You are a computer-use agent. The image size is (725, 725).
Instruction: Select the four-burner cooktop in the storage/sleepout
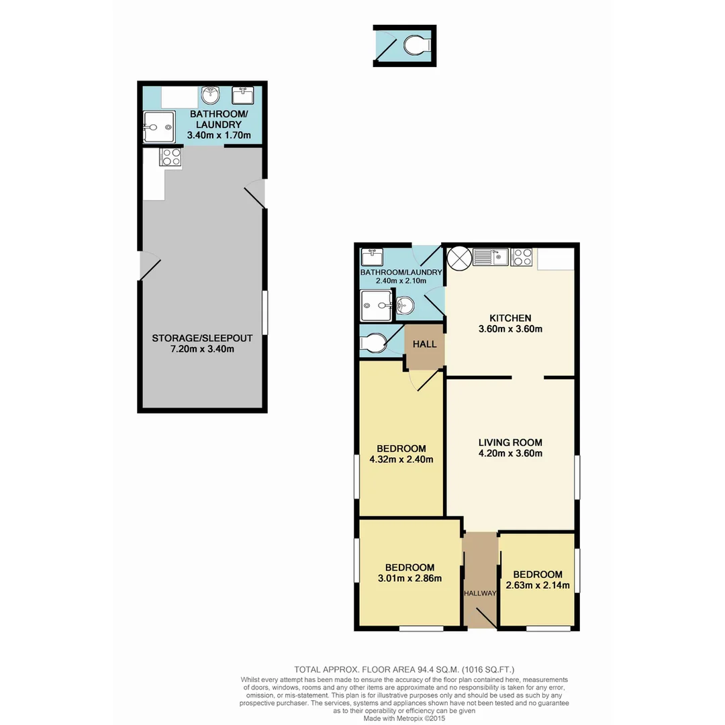170,157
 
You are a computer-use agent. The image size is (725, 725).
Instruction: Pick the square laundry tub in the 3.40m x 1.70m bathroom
242,95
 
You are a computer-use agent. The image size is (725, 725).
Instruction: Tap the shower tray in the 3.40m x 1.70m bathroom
160,126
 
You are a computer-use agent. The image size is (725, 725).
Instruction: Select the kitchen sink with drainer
490,257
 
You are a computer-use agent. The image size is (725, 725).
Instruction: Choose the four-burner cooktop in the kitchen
522,257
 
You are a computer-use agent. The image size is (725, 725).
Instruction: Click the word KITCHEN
510,318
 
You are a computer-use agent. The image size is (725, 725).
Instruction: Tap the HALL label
424,344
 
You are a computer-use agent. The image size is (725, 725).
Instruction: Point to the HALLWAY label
479,593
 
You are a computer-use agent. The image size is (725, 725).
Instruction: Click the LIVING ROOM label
510,442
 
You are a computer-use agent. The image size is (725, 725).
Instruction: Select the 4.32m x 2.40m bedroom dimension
401,460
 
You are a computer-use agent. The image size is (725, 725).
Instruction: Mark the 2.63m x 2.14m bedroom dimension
537,585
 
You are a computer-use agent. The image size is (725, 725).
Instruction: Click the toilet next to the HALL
373,343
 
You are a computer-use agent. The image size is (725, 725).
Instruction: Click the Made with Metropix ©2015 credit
404,718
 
